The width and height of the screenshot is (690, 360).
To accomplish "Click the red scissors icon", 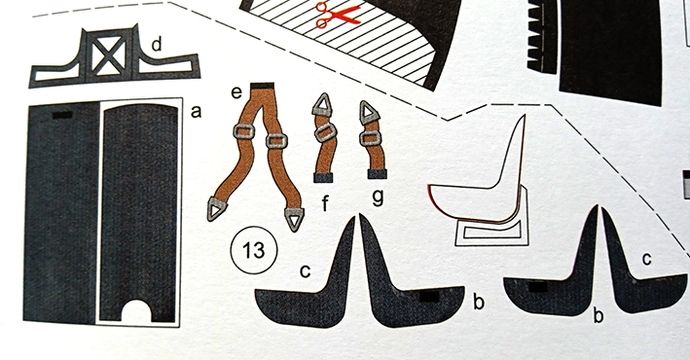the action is coord(337,15).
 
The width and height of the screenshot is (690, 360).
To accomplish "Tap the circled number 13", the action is coord(254,250).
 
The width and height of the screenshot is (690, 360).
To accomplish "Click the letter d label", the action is coord(157,45).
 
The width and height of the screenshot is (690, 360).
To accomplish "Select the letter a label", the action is coord(196,112).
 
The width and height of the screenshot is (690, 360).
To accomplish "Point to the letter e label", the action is coord(236,92).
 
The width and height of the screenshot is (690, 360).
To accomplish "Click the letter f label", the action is coord(326,203).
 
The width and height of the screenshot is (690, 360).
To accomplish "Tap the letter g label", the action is coord(378,197).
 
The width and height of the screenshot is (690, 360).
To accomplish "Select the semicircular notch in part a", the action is coord(136,311).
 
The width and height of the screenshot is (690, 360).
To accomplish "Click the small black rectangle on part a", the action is coord(62,115).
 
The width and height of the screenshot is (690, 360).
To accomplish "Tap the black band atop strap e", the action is coord(262,86).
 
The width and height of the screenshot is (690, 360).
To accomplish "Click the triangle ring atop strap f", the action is coord(322,105).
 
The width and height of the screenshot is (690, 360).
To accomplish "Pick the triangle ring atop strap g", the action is coord(370,112).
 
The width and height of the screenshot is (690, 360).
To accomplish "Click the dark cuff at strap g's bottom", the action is coord(378,174).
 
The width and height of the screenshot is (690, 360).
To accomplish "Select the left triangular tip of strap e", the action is coord(216,209).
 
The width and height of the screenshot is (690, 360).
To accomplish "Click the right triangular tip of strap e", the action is coord(295,218).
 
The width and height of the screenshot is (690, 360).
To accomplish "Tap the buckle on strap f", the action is coord(326,132).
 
